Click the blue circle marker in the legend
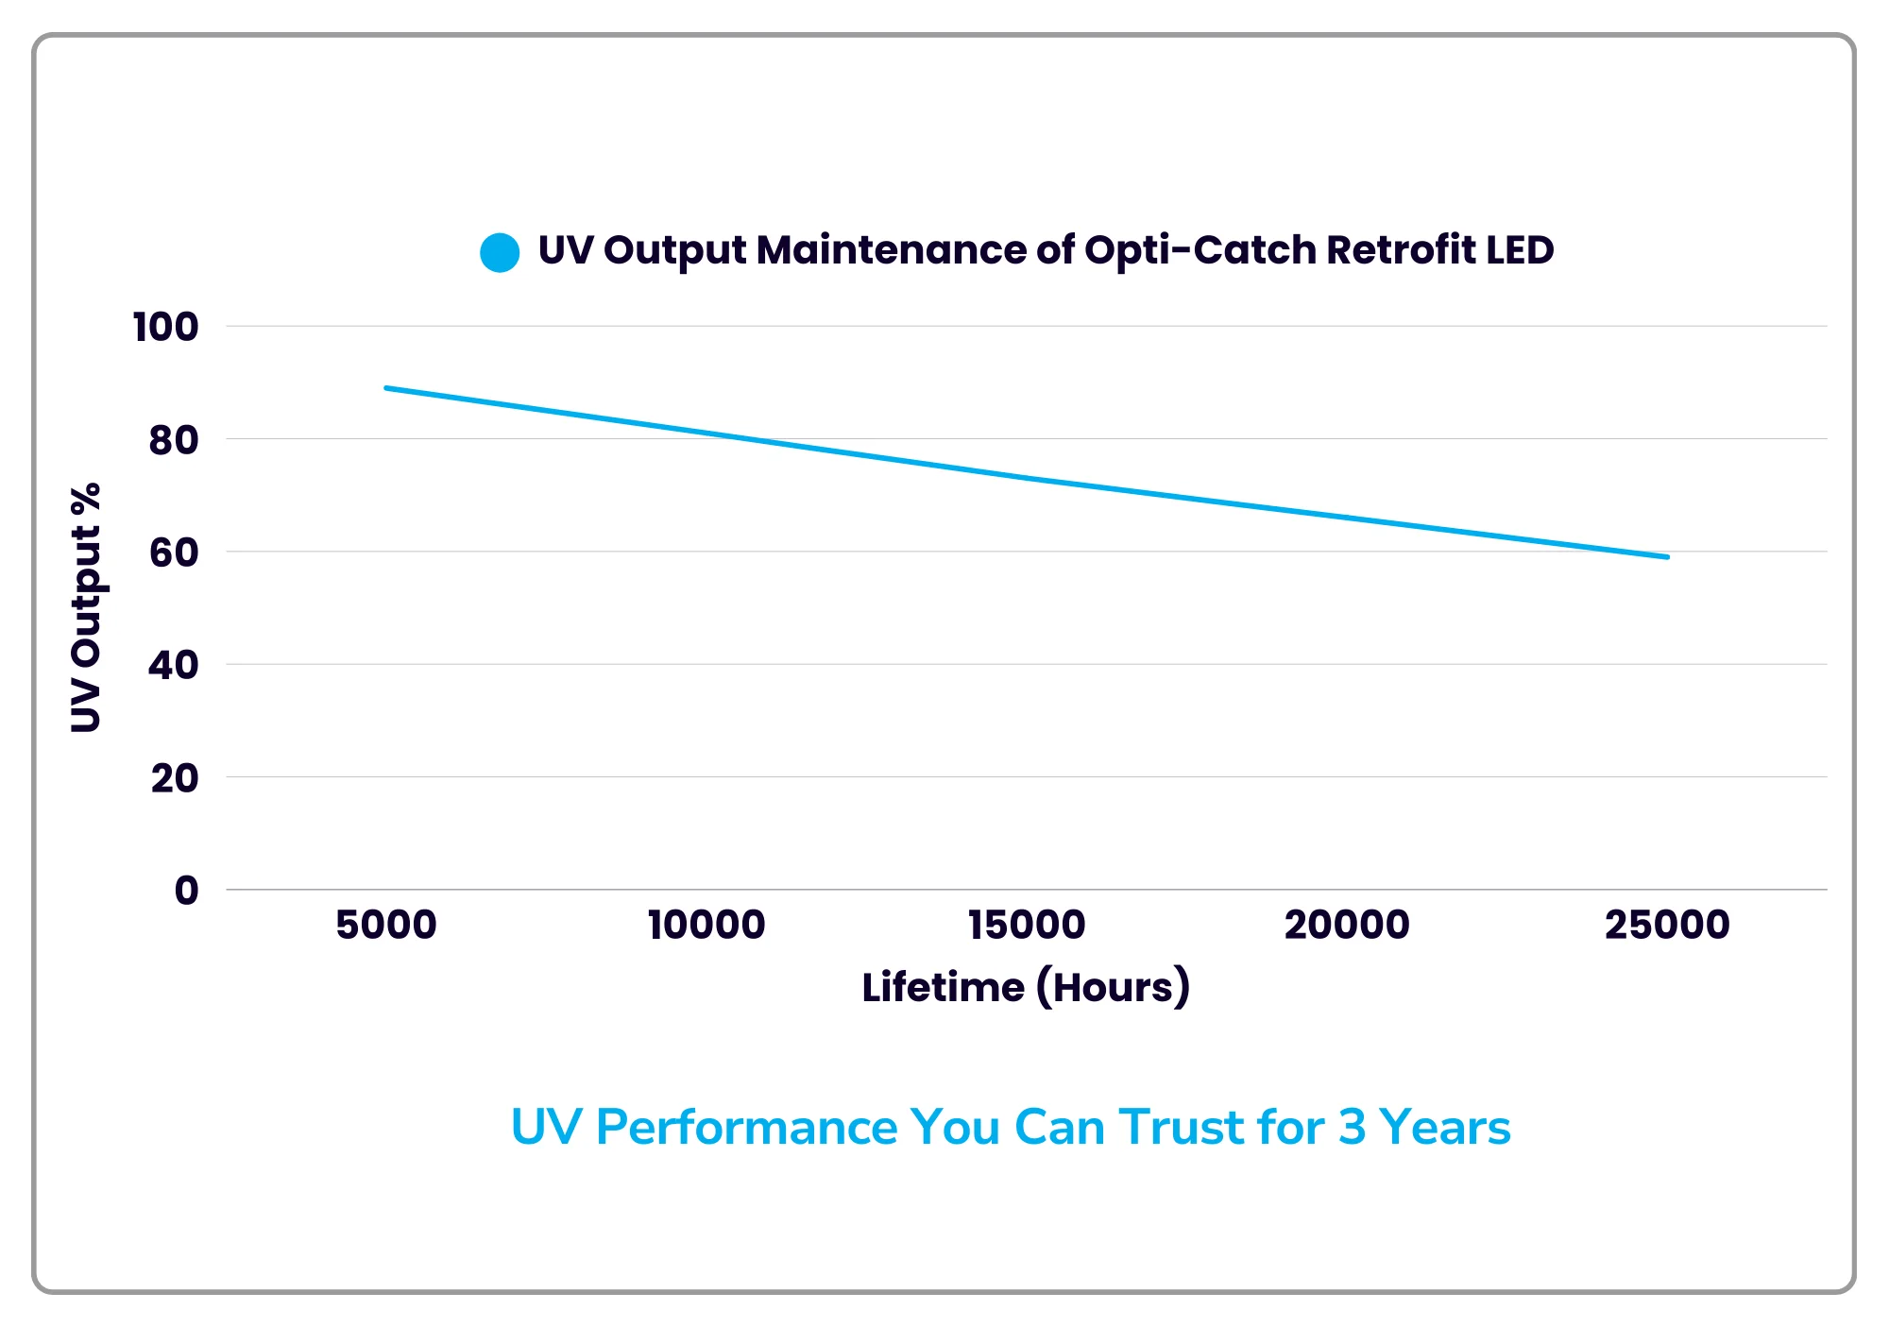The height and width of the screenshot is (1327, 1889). [x=500, y=252]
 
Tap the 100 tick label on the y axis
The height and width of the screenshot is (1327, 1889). [x=165, y=328]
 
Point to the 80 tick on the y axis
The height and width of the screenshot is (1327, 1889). [x=174, y=440]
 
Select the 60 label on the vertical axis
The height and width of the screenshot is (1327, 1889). [x=174, y=553]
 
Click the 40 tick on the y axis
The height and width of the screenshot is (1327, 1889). [x=174, y=666]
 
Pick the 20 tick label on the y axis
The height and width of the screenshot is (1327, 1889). [x=174, y=778]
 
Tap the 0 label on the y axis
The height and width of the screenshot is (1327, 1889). [x=186, y=891]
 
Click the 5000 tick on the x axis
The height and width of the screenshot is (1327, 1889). [x=386, y=925]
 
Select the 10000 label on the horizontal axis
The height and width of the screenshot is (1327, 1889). [x=706, y=925]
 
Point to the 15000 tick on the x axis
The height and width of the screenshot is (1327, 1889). [x=1027, y=925]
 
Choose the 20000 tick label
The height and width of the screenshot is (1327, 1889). [x=1347, y=925]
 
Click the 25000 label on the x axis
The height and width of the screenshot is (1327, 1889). [x=1667, y=925]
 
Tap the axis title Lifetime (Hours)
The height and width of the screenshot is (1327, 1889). [x=1026, y=987]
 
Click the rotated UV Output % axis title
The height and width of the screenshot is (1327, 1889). [x=86, y=607]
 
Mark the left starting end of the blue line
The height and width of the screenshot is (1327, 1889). [x=387, y=388]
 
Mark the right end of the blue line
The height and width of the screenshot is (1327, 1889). [x=1667, y=557]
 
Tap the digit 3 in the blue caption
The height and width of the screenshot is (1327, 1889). [x=1353, y=1127]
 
